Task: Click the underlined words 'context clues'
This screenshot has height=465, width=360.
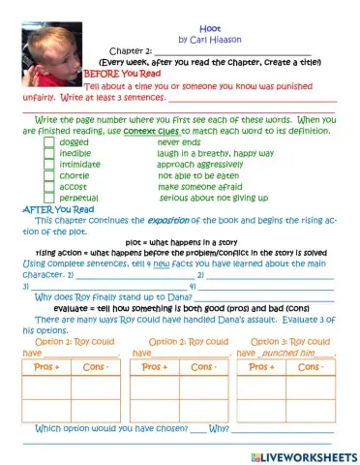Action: click(x=153, y=130)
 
